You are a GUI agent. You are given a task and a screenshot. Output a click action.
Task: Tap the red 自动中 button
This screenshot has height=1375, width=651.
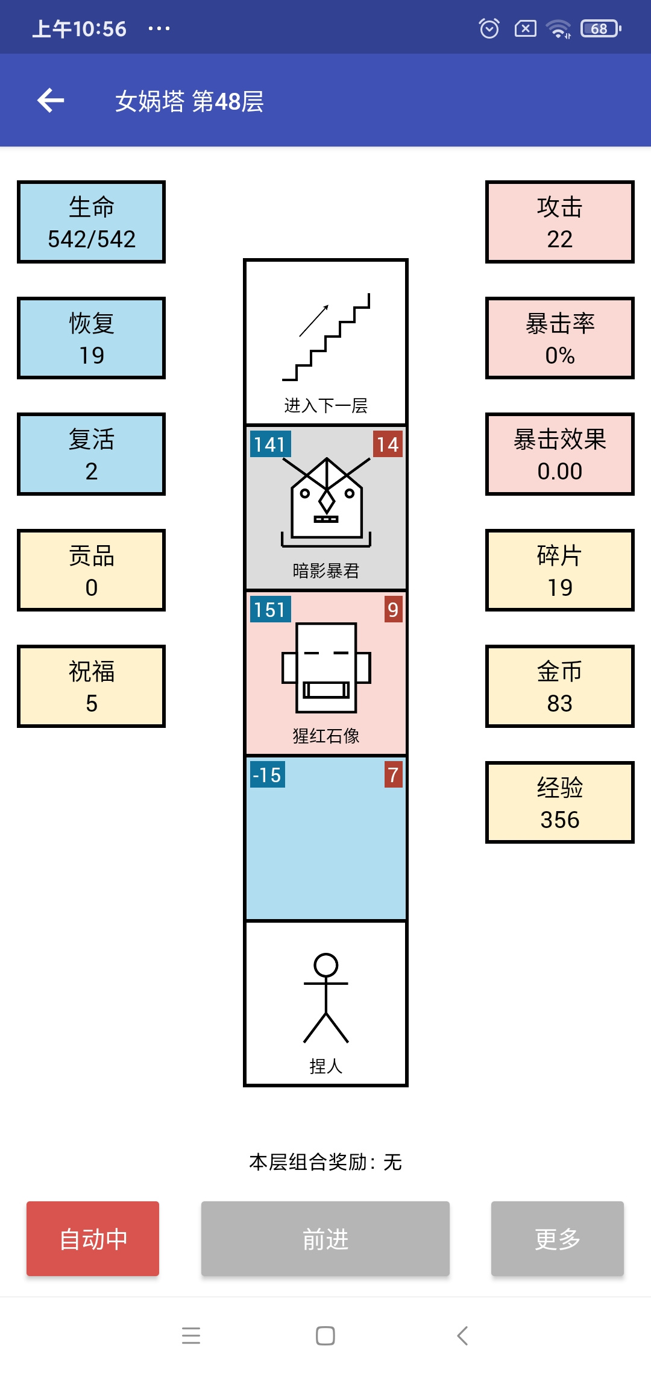coord(93,1239)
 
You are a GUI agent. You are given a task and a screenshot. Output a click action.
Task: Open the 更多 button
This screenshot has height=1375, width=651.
coord(558,1239)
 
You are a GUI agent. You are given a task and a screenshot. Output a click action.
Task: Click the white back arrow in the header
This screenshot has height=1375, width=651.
coord(51,100)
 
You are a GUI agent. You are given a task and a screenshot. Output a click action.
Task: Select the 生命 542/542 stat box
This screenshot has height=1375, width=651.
coord(91,222)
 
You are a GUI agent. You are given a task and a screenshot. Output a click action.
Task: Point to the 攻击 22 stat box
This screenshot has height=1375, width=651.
coord(559,222)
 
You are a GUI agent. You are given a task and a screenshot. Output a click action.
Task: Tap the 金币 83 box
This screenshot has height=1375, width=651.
coord(559,686)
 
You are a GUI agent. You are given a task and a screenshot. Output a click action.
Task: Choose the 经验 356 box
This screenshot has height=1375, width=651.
coord(559,803)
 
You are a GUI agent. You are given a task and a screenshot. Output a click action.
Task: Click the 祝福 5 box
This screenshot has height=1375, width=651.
coord(91,686)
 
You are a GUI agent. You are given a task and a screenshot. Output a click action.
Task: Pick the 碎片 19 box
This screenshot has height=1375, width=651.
coord(559,571)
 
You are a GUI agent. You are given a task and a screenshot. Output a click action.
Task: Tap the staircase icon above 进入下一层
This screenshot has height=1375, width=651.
coord(326,337)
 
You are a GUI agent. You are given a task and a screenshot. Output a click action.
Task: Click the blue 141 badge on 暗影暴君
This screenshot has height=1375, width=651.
coord(271,444)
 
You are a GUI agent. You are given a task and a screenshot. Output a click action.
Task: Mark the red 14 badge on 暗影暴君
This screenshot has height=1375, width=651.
coord(388,444)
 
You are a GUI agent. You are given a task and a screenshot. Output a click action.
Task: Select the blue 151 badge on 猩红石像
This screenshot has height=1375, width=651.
coord(271,610)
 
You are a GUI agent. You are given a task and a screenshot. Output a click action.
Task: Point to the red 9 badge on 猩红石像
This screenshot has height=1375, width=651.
coord(393,610)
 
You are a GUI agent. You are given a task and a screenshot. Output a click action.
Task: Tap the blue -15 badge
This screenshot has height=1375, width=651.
coord(268,775)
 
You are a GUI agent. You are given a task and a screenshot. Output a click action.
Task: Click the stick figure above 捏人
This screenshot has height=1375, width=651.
coord(326,998)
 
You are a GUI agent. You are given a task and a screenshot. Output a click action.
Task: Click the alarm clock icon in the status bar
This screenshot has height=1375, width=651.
coord(489,28)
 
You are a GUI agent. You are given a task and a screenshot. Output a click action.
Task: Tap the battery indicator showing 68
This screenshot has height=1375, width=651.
coord(601,28)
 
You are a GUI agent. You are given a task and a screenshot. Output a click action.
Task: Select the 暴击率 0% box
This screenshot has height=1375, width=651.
coord(559,338)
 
